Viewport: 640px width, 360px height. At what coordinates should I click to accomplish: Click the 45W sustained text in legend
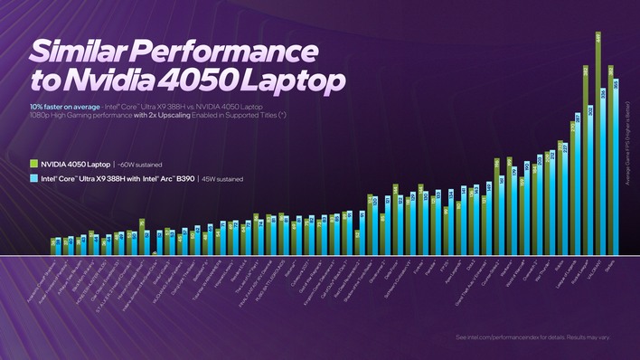click(x=221, y=179)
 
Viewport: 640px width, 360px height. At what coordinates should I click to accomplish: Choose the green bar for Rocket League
click(x=584, y=158)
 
